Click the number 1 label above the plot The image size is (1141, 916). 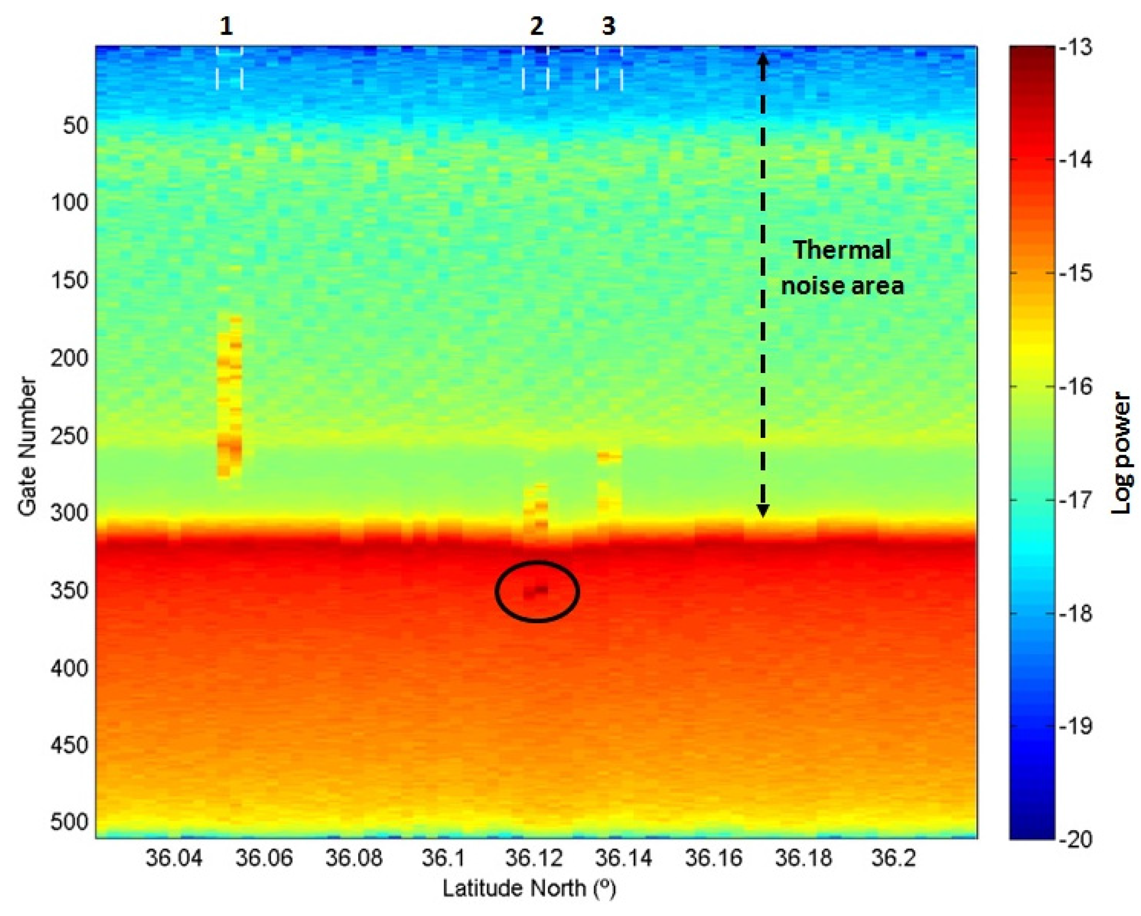[x=226, y=26]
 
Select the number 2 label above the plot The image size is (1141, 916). [x=537, y=26]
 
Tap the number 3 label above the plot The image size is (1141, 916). [x=609, y=26]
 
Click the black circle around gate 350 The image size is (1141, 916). [x=537, y=591]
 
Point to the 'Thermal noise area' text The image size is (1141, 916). [x=843, y=268]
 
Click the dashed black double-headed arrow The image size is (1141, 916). [x=763, y=286]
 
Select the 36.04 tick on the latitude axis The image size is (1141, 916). [x=174, y=858]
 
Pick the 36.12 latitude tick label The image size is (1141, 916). [x=533, y=858]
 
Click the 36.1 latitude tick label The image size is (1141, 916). [x=444, y=858]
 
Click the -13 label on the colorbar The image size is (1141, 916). [x=1075, y=48]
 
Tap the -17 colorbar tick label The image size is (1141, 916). [x=1075, y=500]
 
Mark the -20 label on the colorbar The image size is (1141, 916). [x=1075, y=840]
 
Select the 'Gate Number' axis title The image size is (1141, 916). [x=27, y=446]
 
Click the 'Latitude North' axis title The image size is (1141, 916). [x=529, y=889]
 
